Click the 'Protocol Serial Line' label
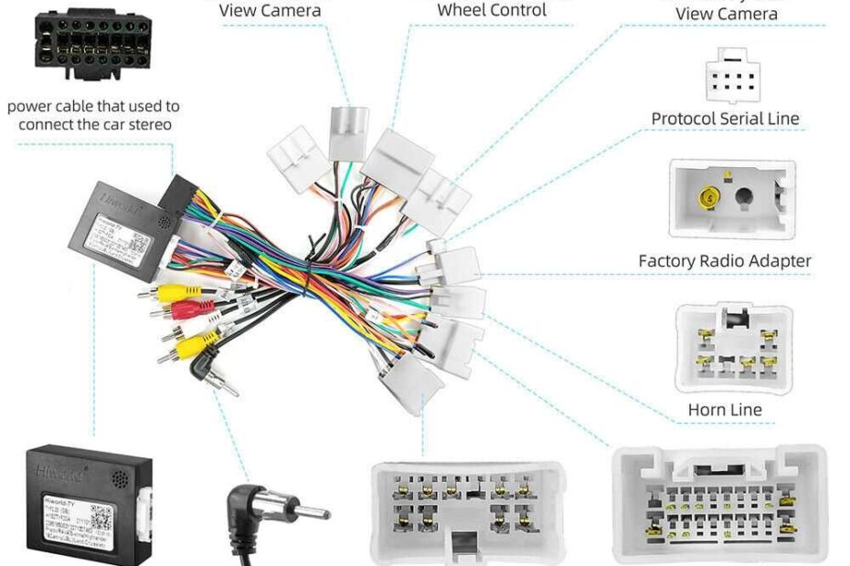pyautogui.click(x=725, y=119)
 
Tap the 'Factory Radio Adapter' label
pyautogui.click(x=725, y=261)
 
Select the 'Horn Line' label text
pyautogui.click(x=725, y=410)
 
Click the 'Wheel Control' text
pyautogui.click(x=492, y=10)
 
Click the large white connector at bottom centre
pyautogui.click(x=456, y=511)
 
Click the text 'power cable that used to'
pyautogui.click(x=93, y=107)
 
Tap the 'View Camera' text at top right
pyautogui.click(x=727, y=13)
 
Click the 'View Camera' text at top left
pyautogui.click(x=271, y=10)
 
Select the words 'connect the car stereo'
pyautogui.click(x=94, y=124)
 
